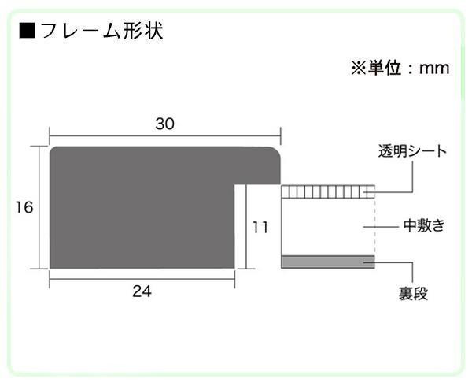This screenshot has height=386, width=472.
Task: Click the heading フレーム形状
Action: [101, 32]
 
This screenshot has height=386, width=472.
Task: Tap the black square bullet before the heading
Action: [27, 33]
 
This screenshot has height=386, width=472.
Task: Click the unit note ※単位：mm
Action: [399, 69]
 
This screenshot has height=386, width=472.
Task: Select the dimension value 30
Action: [164, 124]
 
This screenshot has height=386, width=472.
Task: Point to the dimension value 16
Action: [23, 207]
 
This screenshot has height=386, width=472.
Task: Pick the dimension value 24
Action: [142, 291]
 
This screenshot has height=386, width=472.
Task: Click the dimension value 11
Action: [260, 227]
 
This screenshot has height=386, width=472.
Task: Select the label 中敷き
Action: [424, 226]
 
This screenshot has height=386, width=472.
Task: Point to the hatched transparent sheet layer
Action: [326, 191]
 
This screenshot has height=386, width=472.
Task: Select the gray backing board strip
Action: [327, 262]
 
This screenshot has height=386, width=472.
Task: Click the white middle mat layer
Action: [327, 226]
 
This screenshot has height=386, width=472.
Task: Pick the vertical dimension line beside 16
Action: [40, 207]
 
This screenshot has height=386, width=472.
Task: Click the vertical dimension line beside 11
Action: [246, 227]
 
